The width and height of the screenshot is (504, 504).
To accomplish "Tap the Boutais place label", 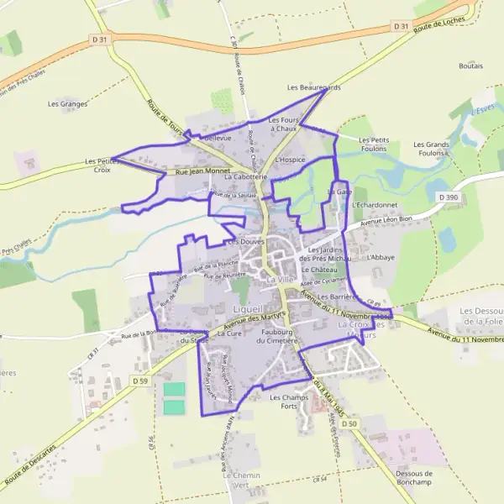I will [471, 66].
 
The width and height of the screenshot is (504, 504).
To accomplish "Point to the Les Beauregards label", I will [314, 87].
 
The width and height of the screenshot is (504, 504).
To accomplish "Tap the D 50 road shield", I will [349, 423].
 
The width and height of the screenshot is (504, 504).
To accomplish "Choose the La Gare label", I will [339, 192].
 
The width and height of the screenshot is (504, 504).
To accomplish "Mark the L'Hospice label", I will [290, 160].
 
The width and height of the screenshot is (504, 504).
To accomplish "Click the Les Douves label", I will [246, 241].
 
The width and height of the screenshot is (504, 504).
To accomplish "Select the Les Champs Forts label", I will [289, 402].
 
